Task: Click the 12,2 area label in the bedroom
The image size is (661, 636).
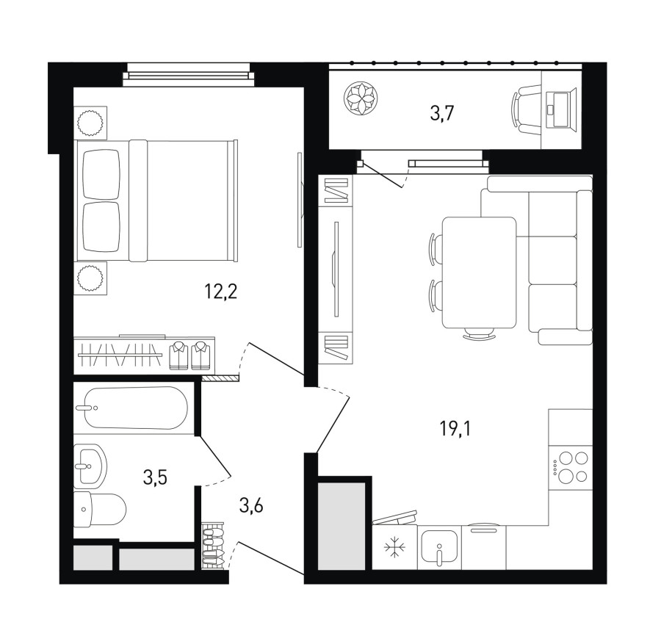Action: pos(221,292)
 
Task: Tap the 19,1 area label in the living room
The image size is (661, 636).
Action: pos(455,429)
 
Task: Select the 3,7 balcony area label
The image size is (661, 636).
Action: pos(442,114)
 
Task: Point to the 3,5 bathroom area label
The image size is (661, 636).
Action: pos(155,478)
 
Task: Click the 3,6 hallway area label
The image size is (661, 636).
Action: pos(251,505)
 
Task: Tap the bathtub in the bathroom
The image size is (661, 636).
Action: pos(132,408)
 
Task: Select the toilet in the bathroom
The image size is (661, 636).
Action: pos(100,509)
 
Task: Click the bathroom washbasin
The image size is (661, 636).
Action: pos(90,466)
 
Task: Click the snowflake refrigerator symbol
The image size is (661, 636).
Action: pos(394,547)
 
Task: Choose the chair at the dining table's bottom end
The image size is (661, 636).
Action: pos(480,333)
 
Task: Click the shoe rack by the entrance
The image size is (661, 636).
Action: pos(212,546)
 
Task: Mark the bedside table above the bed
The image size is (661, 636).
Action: pos(90,123)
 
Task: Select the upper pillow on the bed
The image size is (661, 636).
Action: pos(101,175)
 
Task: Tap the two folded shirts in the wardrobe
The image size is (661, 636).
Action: pos(189,355)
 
